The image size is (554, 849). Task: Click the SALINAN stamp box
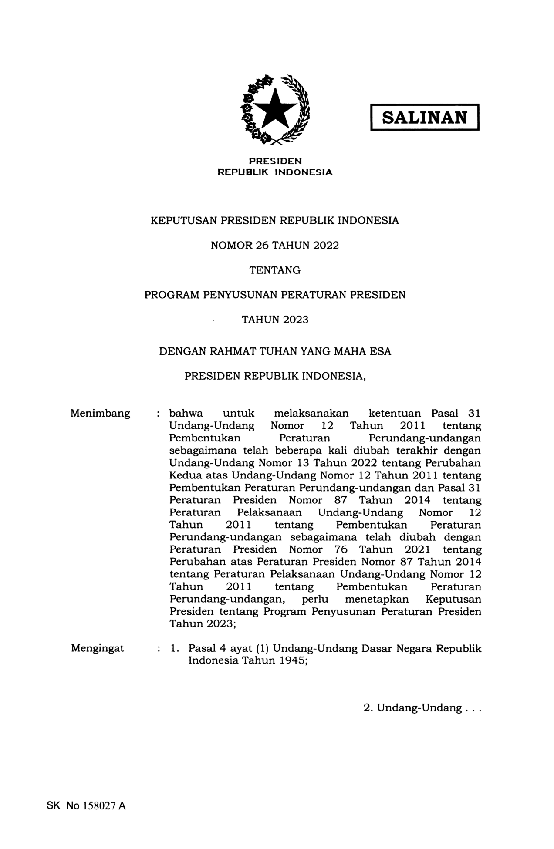[424, 117]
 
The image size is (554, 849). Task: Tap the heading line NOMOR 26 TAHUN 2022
[274, 246]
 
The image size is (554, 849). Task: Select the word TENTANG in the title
[274, 270]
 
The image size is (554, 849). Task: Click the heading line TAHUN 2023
[275, 320]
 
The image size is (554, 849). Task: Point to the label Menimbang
[100, 413]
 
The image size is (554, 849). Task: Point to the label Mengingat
[98, 648]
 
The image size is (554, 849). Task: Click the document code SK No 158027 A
[86, 806]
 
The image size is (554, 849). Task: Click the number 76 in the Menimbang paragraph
[341, 549]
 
